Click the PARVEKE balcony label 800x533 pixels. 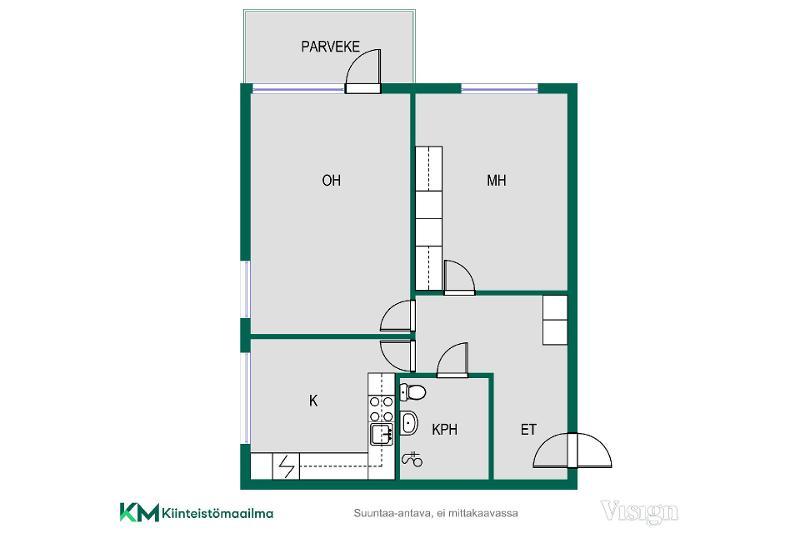pyautogui.click(x=330, y=47)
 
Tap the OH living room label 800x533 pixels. pyautogui.click(x=331, y=180)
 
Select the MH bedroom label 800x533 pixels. pyautogui.click(x=496, y=180)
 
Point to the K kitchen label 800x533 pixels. pyautogui.click(x=313, y=401)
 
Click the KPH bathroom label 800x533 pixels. pyautogui.click(x=444, y=429)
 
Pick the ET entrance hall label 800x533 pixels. pyautogui.click(x=528, y=429)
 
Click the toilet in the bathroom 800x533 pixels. pyautogui.click(x=413, y=392)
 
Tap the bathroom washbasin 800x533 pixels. pyautogui.click(x=409, y=423)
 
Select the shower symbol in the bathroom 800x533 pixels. pyautogui.click(x=412, y=460)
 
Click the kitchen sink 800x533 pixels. pyautogui.click(x=382, y=435)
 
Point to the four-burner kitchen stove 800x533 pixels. pyautogui.click(x=382, y=409)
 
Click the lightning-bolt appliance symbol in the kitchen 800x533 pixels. pyautogui.click(x=287, y=466)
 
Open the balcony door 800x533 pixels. pyautogui.click(x=363, y=71)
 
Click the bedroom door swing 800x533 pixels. pyautogui.click(x=459, y=278)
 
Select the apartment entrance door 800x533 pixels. pyautogui.click(x=572, y=450)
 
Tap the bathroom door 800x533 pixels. pyautogui.click(x=453, y=360)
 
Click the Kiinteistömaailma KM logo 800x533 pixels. pyautogui.click(x=196, y=513)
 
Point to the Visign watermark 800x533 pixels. pyautogui.click(x=640, y=512)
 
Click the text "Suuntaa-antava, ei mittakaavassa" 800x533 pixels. pyautogui.click(x=436, y=513)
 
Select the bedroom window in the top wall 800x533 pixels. pyautogui.click(x=499, y=88)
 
